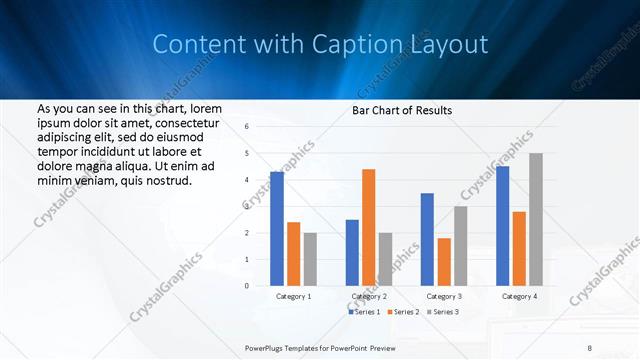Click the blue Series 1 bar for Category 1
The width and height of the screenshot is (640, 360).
coord(277,229)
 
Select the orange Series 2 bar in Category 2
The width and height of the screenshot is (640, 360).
coord(368,227)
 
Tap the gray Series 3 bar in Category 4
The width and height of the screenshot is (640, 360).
coord(536,219)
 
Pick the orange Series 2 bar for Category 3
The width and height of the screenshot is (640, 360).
coord(443,262)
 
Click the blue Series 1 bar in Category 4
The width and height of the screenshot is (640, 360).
coord(502,226)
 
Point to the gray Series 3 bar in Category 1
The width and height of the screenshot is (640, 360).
coord(310,259)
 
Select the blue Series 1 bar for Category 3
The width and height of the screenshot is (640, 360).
coord(427,239)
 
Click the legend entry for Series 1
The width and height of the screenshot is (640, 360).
coord(365,312)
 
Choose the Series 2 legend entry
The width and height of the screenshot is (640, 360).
coord(402,312)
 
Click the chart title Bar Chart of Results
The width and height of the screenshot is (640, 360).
coord(401,110)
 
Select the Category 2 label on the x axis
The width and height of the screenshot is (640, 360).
coord(368,297)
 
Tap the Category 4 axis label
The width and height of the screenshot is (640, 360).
coord(518,297)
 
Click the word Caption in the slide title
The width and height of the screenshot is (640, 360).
coord(366,45)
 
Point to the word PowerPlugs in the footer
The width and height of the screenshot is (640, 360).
coord(268,347)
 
